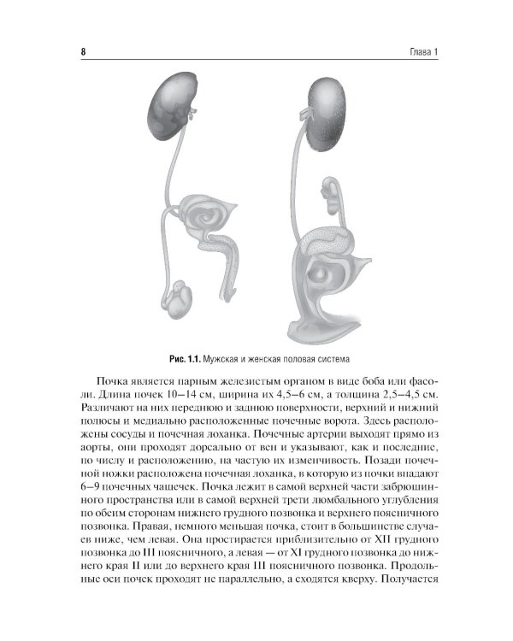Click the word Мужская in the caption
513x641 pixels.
pyautogui.click(x=224, y=359)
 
